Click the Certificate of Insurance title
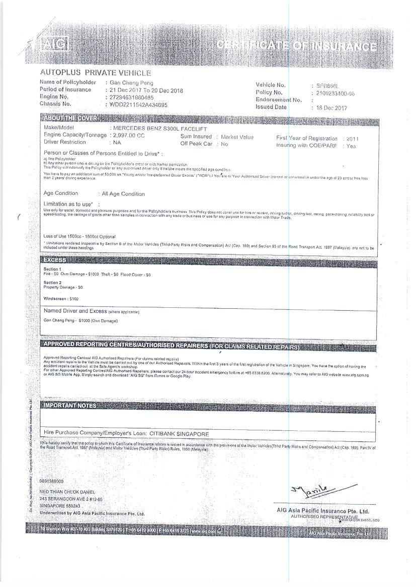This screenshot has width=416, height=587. (x=297, y=46)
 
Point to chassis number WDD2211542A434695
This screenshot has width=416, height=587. (x=138, y=104)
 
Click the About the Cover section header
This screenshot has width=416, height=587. (x=70, y=118)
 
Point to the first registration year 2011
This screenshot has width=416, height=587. (x=352, y=139)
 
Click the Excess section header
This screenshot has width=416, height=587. (x=55, y=260)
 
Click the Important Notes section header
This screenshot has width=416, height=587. (x=70, y=405)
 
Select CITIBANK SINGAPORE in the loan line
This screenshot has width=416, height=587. (x=179, y=433)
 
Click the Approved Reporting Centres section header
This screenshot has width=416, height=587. (x=171, y=346)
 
